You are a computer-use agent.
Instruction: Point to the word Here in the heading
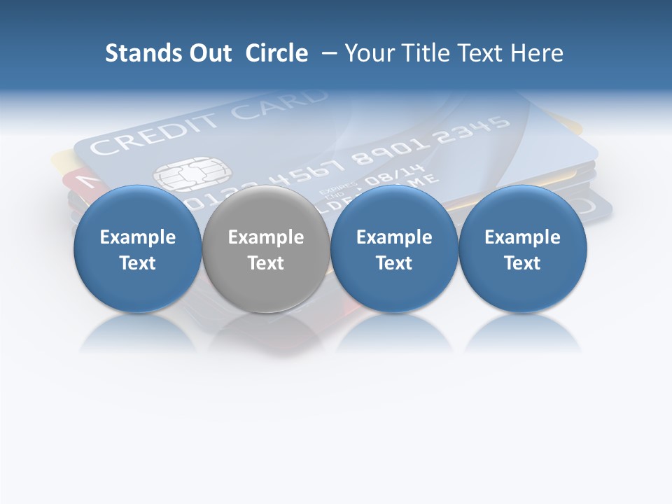[x=538, y=53]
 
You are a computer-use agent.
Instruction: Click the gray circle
[x=265, y=248]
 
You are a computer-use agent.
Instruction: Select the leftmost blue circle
[x=137, y=248]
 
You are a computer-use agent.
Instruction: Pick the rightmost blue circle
[x=522, y=248]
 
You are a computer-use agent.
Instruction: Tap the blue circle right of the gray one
[x=394, y=248]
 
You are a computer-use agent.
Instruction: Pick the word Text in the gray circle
[x=266, y=263]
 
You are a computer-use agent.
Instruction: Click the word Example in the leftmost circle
[x=138, y=237]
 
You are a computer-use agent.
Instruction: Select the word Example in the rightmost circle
[x=522, y=237]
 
